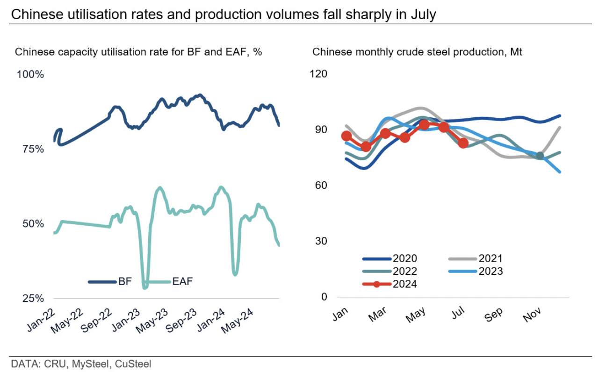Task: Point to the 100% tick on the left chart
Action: [30, 75]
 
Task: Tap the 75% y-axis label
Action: [33, 149]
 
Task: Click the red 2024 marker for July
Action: [463, 143]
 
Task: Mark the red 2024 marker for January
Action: [346, 136]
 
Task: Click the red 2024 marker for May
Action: [424, 125]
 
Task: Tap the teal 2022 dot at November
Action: [540, 156]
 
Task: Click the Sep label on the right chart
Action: [494, 315]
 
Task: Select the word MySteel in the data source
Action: [89, 364]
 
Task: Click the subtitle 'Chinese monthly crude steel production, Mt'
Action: [417, 52]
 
